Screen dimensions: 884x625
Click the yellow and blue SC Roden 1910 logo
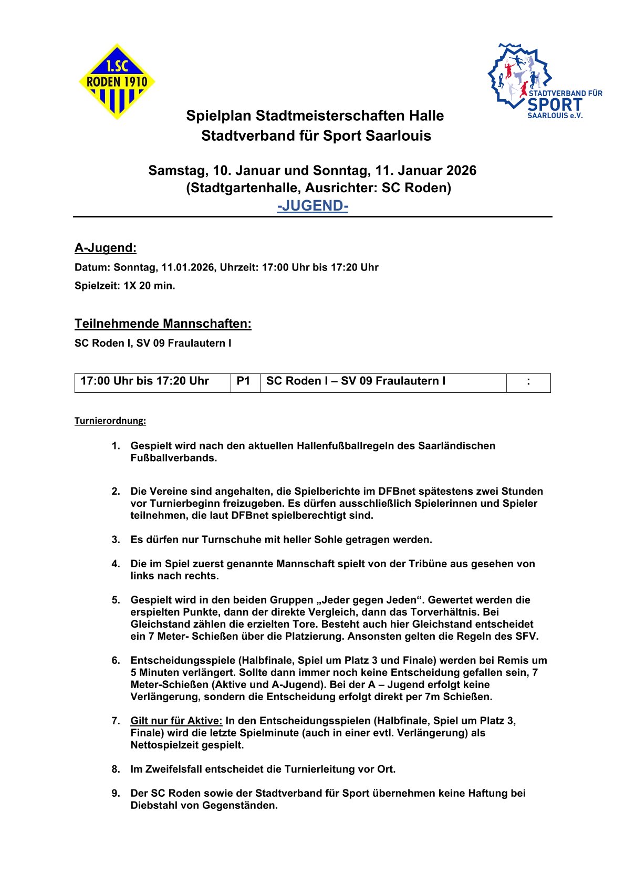pos(117,81)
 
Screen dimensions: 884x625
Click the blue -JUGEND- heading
pos(312,205)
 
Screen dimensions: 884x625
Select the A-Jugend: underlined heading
pos(106,248)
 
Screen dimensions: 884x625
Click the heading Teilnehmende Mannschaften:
pos(163,324)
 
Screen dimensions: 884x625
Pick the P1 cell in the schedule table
pos(244,381)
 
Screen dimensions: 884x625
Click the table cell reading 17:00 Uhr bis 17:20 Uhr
pos(145,381)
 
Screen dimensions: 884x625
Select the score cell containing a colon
pos(528,382)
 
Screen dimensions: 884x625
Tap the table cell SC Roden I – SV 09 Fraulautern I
pos(356,381)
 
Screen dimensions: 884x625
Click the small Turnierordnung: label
pos(110,421)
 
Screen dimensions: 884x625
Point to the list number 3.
pos(116,539)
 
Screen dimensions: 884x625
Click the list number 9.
pos(116,793)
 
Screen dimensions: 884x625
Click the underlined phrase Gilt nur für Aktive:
pos(176,721)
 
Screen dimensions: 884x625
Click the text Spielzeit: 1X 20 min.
pos(125,286)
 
